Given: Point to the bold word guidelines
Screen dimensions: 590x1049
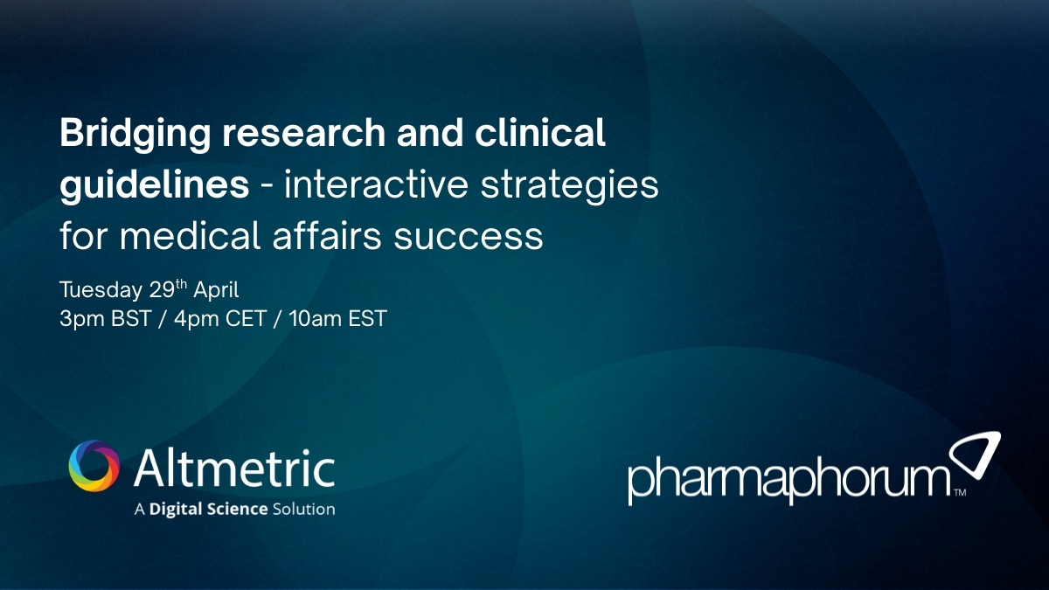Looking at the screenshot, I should click(x=153, y=186).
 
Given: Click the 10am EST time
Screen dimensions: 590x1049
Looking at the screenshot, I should click(x=335, y=319).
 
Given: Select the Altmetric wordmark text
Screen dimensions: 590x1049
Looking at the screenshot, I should click(x=234, y=469).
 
